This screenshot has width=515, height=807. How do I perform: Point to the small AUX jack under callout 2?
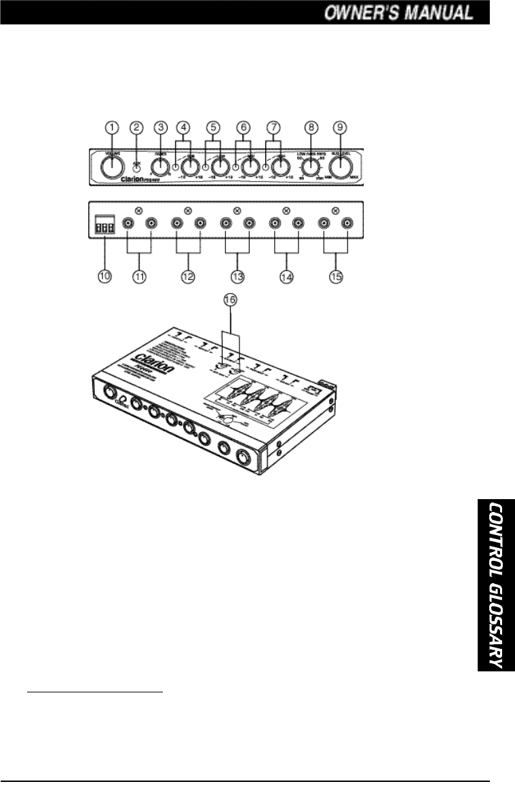click(136, 165)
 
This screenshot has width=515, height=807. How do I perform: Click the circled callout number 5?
click(213, 127)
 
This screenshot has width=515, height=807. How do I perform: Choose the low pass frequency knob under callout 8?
click(311, 166)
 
